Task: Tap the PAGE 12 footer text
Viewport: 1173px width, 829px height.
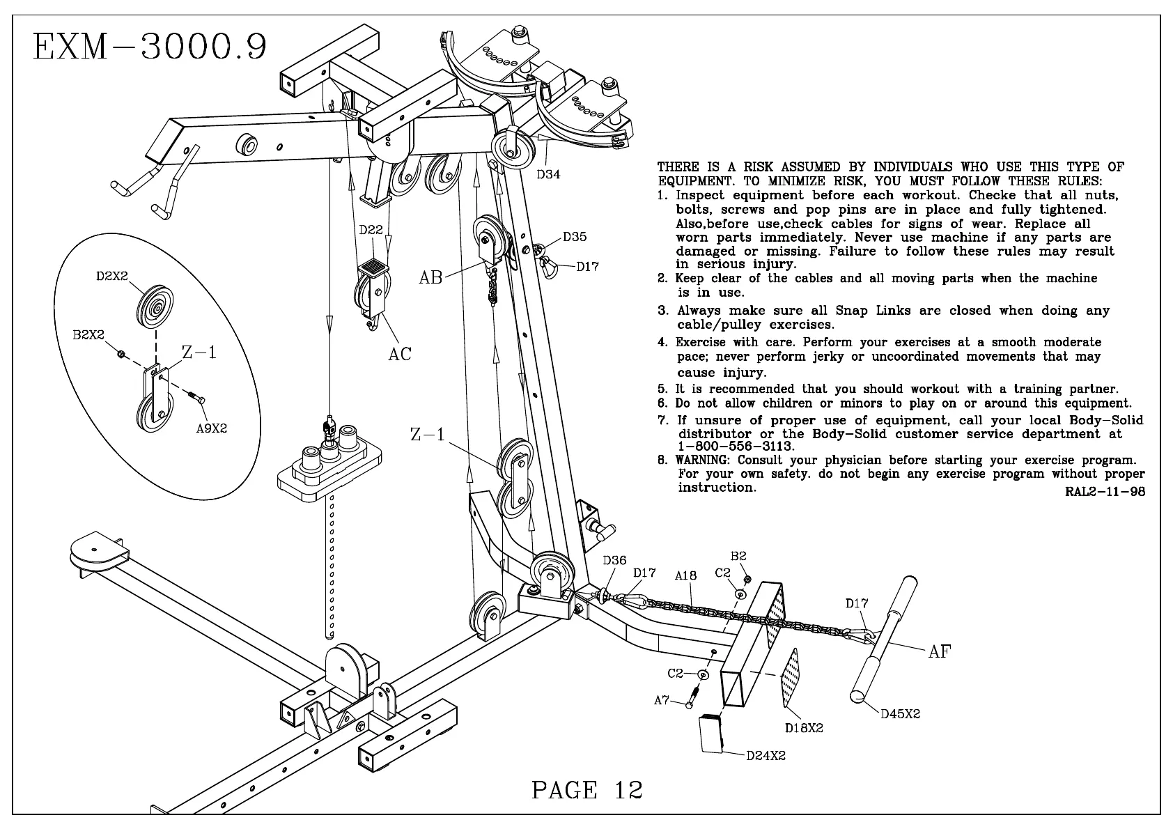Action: pyautogui.click(x=586, y=789)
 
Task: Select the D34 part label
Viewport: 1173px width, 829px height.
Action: pyautogui.click(x=548, y=174)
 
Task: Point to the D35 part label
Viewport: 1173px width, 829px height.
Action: pyautogui.click(x=575, y=237)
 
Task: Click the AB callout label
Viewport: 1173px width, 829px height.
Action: pyautogui.click(x=430, y=277)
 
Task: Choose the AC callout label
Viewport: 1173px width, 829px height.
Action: pyautogui.click(x=400, y=354)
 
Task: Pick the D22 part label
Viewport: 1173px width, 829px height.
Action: pyautogui.click(x=372, y=229)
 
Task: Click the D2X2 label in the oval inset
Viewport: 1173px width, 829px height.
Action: pyautogui.click(x=111, y=277)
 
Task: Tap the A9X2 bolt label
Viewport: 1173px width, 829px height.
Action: pyautogui.click(x=212, y=428)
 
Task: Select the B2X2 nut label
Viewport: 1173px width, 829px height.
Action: pyautogui.click(x=88, y=335)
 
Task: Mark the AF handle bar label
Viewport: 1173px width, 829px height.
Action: pyautogui.click(x=939, y=651)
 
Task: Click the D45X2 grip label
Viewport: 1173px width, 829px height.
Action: pyautogui.click(x=900, y=713)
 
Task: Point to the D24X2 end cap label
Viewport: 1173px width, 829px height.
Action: pyautogui.click(x=766, y=756)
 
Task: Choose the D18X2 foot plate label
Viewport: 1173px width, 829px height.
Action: pyautogui.click(x=804, y=728)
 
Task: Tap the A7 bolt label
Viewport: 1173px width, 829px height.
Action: pyautogui.click(x=662, y=700)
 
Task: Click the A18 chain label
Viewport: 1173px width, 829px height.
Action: pyautogui.click(x=685, y=576)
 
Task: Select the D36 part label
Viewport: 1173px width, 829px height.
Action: pyautogui.click(x=614, y=560)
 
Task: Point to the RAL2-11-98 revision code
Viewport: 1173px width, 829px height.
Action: pyautogui.click(x=1105, y=492)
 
